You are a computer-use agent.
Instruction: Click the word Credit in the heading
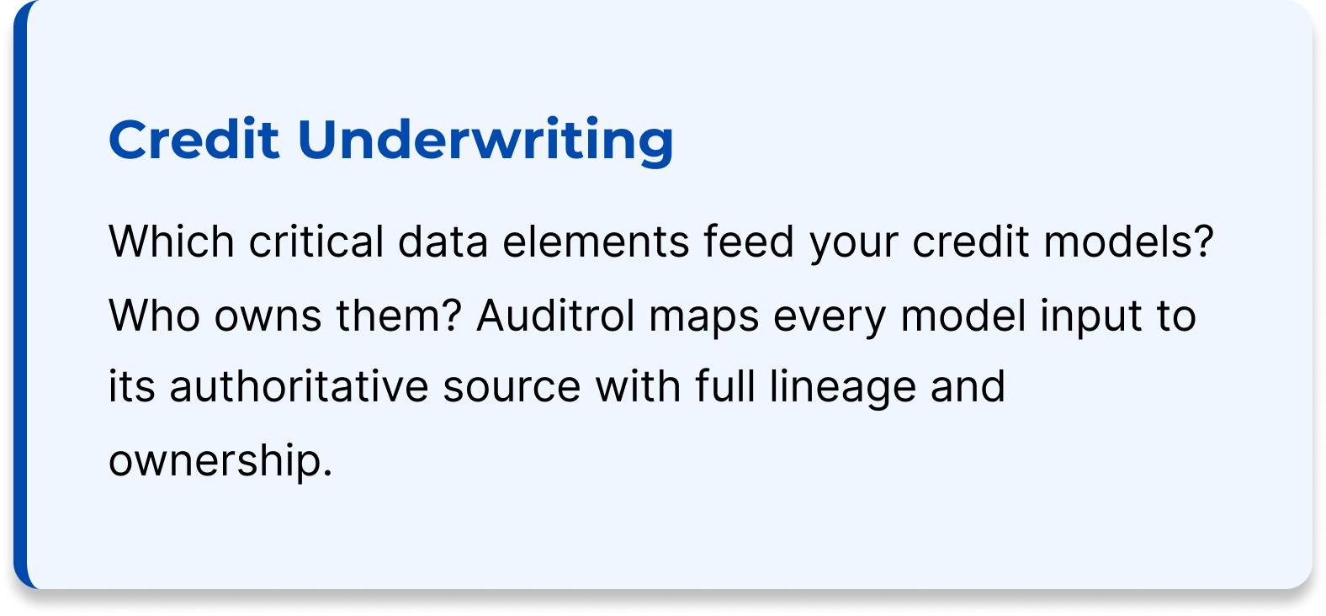(x=194, y=140)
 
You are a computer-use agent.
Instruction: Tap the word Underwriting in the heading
(x=485, y=140)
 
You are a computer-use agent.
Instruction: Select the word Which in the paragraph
(x=172, y=242)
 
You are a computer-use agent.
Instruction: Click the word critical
(x=316, y=242)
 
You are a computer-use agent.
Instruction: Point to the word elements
(x=596, y=242)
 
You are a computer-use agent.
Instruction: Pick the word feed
(x=749, y=242)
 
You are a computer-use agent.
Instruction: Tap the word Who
(x=155, y=316)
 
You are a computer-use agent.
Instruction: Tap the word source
(x=512, y=387)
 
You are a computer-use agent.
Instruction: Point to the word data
(x=443, y=242)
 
